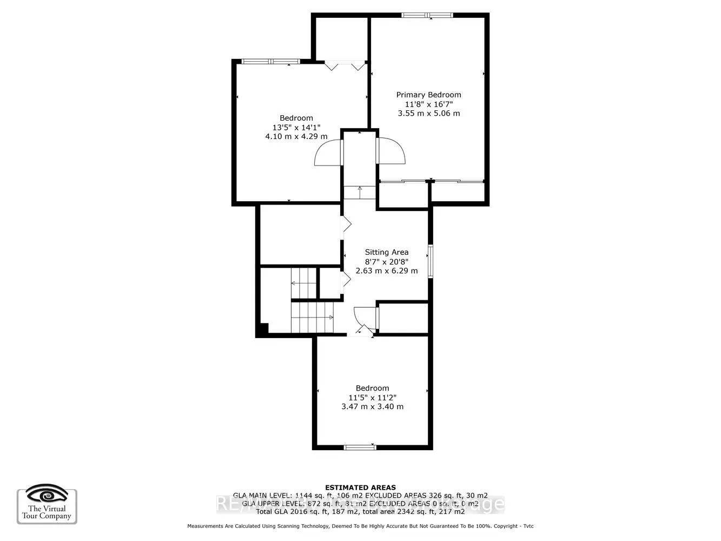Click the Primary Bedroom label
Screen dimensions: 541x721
tap(428, 95)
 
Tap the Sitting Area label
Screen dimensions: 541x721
tap(386, 252)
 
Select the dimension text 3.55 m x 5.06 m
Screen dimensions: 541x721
tap(428, 114)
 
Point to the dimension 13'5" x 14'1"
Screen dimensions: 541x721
tap(296, 128)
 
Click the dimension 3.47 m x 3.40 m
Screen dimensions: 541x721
tap(372, 407)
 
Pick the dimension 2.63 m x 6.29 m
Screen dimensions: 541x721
tap(386, 270)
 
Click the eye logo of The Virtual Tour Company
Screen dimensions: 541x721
tap(47, 494)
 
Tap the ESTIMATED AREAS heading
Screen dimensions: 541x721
tap(360, 487)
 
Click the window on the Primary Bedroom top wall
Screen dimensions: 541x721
tap(427, 15)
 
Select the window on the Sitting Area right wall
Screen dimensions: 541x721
tap(431, 261)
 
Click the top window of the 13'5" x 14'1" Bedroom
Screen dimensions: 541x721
tap(270, 61)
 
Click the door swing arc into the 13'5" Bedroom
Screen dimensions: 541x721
tap(328, 153)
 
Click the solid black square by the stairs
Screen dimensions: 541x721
tap(263, 328)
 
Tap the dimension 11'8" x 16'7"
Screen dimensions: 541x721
tap(428, 104)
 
